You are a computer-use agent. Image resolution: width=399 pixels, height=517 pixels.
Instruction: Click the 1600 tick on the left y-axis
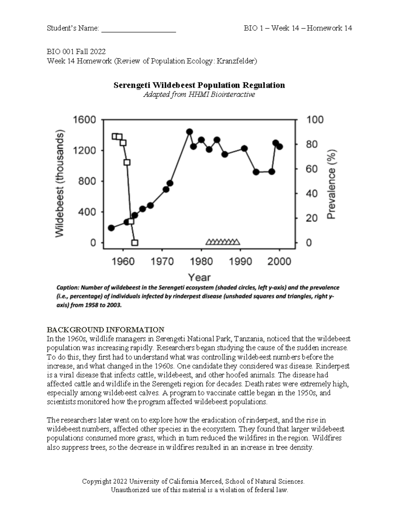point(84,120)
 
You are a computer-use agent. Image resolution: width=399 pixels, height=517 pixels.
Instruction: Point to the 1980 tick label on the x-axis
point(201,261)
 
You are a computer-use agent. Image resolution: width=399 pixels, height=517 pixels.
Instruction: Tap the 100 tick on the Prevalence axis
point(314,120)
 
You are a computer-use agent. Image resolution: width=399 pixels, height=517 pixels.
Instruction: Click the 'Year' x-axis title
point(199,277)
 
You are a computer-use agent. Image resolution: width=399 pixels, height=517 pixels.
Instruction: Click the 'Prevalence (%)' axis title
point(332,184)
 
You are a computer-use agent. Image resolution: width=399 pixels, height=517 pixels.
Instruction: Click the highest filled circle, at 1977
point(190,132)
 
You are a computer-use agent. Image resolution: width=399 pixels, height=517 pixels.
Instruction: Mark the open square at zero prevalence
point(135,243)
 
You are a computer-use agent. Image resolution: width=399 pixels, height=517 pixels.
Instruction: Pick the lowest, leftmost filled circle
point(111,228)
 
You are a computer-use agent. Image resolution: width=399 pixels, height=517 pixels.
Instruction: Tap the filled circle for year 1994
point(256,172)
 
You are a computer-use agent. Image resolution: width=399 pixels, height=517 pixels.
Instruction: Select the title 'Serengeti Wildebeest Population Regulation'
point(199,85)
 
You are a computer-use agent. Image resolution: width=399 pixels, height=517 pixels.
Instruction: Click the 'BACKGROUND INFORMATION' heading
point(105,330)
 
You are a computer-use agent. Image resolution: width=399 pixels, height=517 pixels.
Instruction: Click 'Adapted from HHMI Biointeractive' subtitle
point(199,95)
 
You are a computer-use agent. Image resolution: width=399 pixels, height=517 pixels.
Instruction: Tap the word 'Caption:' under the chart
point(67,287)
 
